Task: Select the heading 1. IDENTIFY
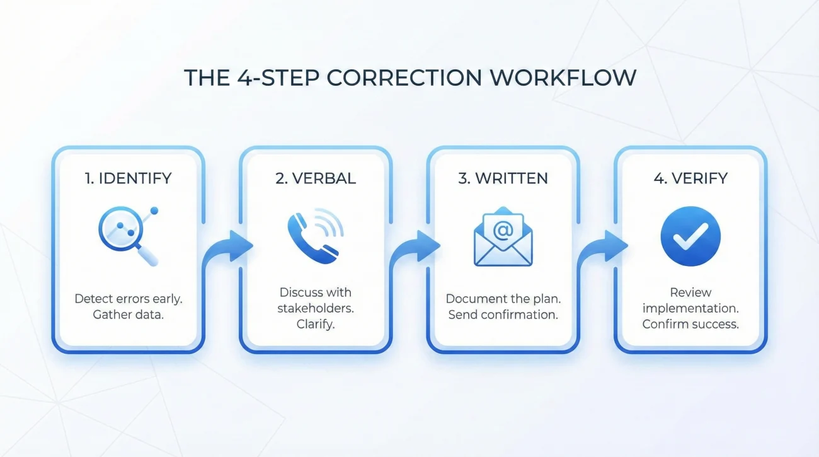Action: click(x=128, y=178)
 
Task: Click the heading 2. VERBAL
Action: click(x=316, y=178)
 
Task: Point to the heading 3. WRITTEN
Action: click(x=503, y=178)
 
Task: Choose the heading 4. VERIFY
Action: click(x=690, y=178)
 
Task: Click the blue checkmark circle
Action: click(x=690, y=236)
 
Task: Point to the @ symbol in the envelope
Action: click(x=503, y=230)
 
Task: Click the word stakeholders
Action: click(x=316, y=309)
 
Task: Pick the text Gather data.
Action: click(x=128, y=315)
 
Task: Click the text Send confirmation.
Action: click(x=503, y=315)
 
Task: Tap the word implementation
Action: click(x=690, y=309)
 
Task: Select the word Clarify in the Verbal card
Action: click(x=316, y=325)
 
